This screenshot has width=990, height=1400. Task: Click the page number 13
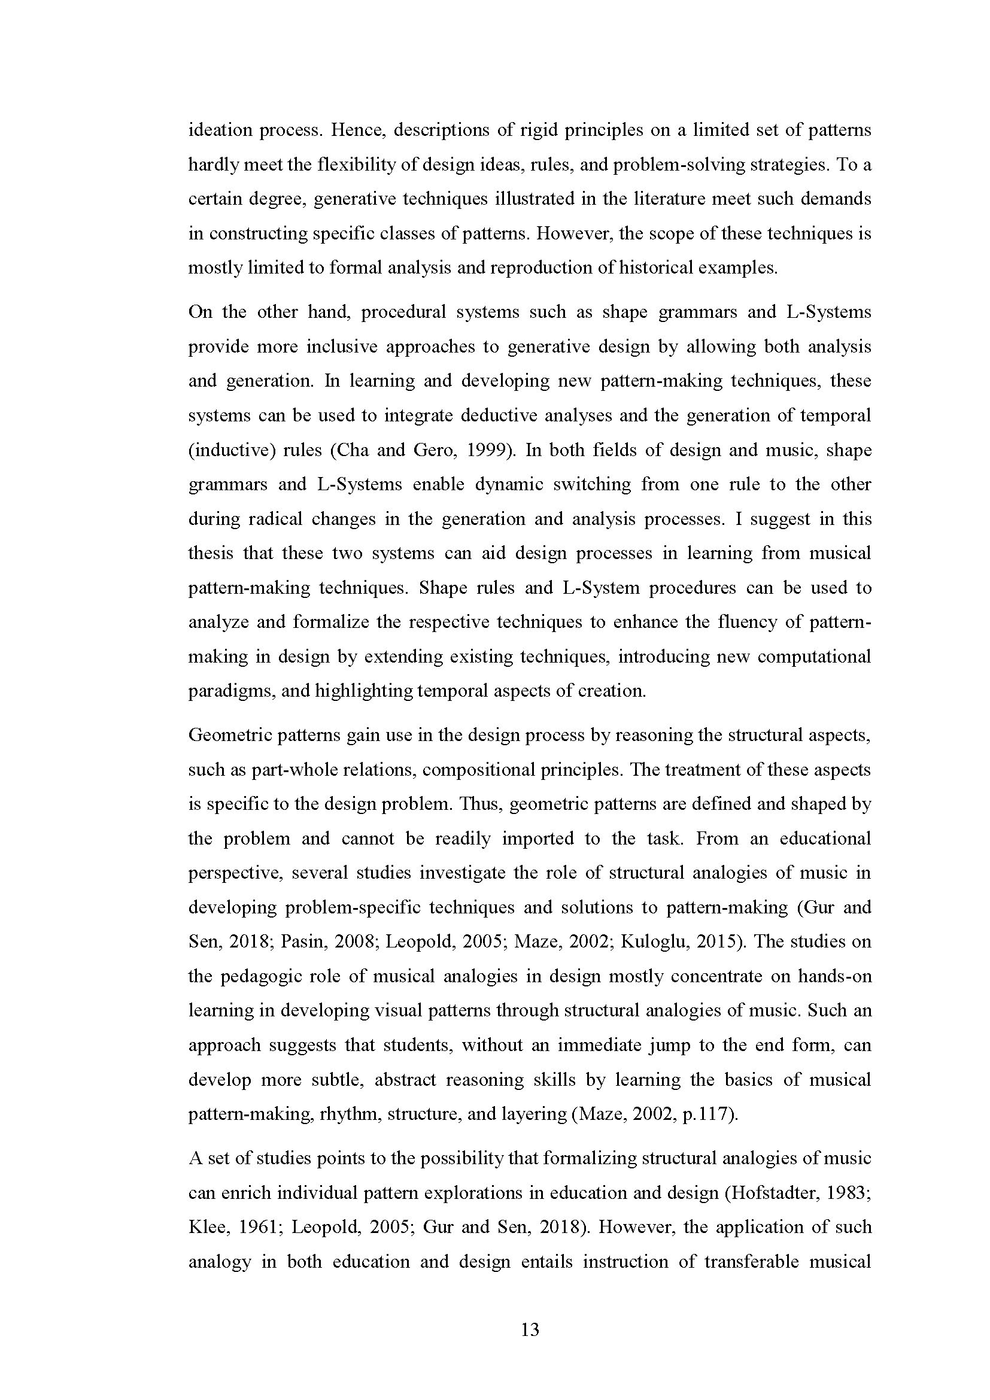(x=530, y=1329)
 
